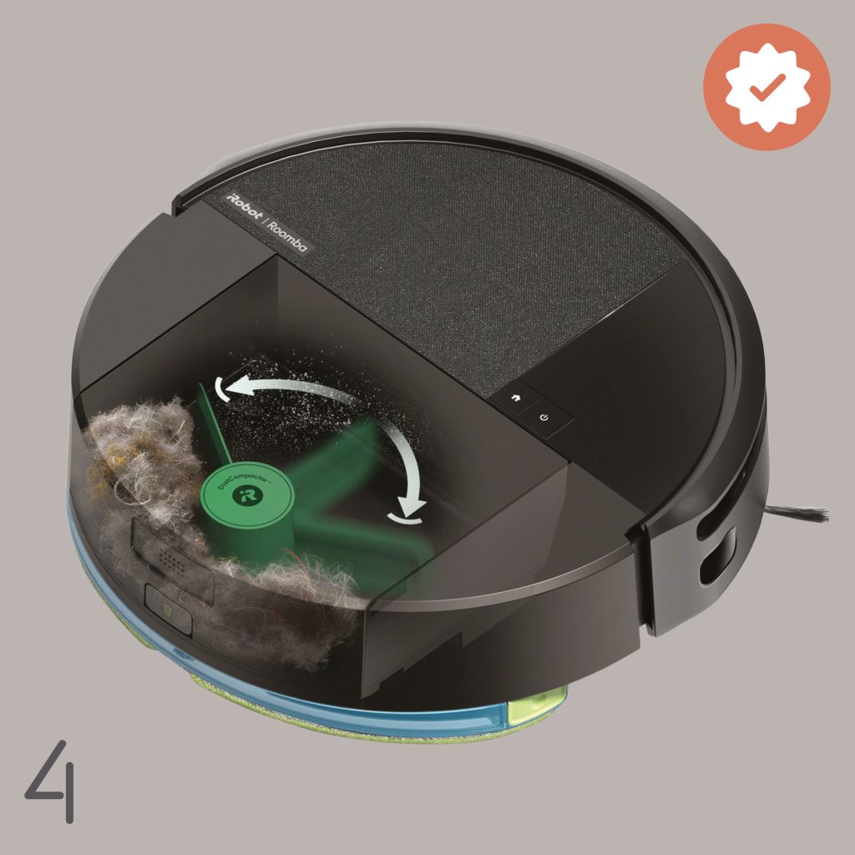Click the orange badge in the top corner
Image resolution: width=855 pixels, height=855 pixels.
(x=766, y=87)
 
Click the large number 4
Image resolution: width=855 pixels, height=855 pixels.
(x=51, y=781)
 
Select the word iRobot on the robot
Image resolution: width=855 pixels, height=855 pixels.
(x=244, y=207)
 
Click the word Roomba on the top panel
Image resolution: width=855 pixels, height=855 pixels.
(x=288, y=235)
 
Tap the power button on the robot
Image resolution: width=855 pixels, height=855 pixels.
(x=544, y=417)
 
